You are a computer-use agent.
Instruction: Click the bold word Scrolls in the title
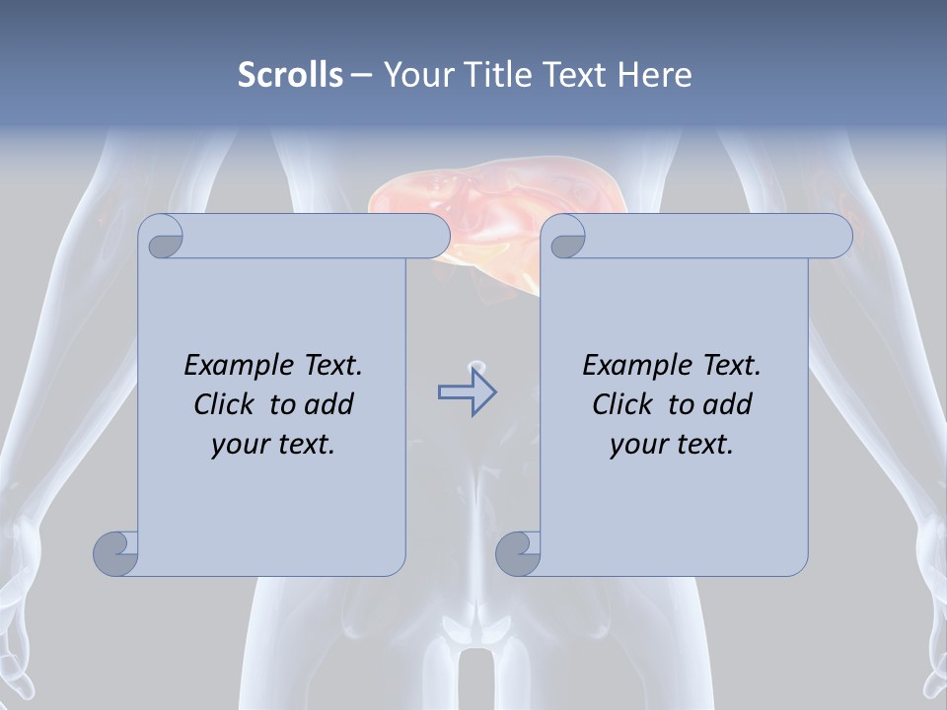point(291,75)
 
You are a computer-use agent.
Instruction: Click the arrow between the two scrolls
point(467,392)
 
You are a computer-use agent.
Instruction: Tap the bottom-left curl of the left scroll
point(116,552)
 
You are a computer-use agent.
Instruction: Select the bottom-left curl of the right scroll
point(519,552)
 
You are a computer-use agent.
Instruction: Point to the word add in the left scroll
point(329,404)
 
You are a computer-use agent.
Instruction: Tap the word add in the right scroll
point(728,404)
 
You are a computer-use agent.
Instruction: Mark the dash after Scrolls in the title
point(361,75)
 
